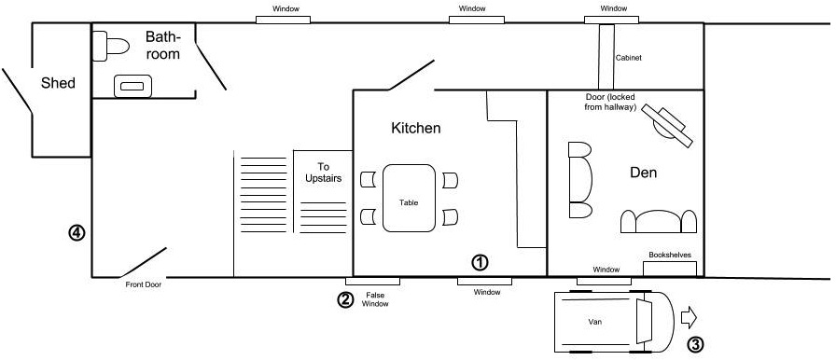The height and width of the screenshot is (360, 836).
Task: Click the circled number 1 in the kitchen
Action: (480, 262)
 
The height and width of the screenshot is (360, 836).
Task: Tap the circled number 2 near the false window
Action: (345, 299)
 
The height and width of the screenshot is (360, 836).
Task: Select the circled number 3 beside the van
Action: (695, 344)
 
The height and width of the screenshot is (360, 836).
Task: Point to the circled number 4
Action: (77, 232)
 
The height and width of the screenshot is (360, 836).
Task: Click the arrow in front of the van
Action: (689, 318)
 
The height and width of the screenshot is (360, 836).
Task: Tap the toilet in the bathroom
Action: (111, 46)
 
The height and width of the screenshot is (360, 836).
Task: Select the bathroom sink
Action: (132, 87)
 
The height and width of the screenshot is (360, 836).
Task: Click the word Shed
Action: (58, 83)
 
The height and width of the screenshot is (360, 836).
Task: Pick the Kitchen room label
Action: (416, 129)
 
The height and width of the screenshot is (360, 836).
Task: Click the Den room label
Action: (643, 173)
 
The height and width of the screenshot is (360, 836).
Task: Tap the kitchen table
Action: (409, 198)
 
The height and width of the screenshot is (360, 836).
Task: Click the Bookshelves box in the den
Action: (670, 269)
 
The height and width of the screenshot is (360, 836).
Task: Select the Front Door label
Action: (144, 284)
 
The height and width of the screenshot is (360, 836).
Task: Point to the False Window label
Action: (375, 299)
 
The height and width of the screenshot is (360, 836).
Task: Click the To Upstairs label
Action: (323, 173)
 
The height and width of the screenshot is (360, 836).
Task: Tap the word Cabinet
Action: (628, 58)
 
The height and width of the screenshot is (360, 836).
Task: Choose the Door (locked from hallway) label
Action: (610, 103)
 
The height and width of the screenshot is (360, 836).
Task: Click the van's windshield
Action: (645, 322)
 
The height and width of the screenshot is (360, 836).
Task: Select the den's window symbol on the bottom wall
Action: (604, 280)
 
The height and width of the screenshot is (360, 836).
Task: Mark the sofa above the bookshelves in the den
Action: (659, 222)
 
